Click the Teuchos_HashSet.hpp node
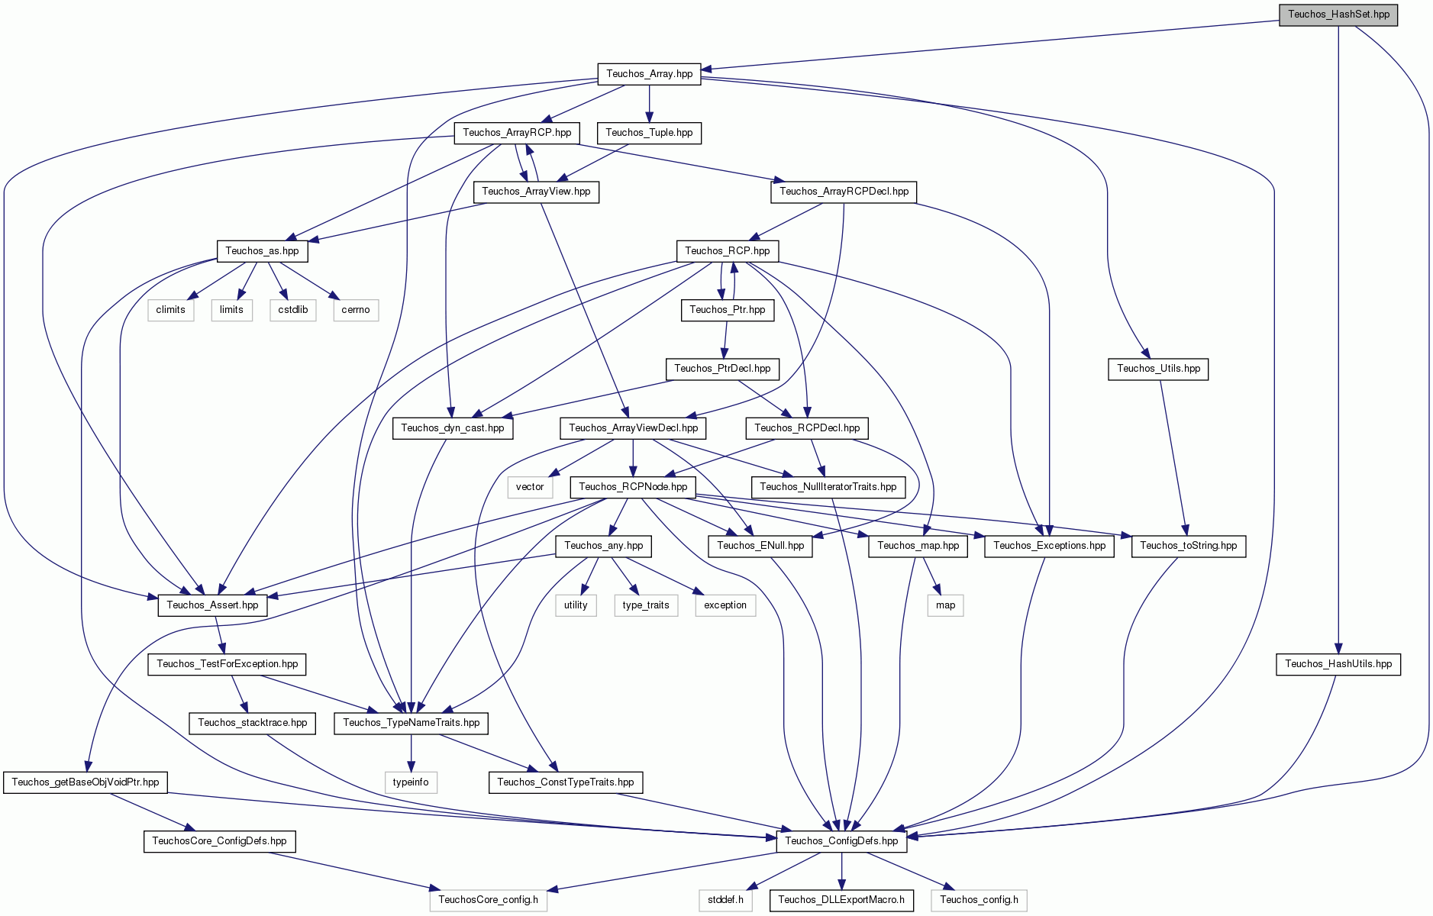pos(1338,15)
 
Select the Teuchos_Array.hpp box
pos(649,74)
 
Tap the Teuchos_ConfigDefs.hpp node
pos(841,841)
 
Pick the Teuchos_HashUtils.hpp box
pos(1338,664)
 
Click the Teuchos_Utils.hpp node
pos(1158,369)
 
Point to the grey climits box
pos(170,310)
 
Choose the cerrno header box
pos(356,310)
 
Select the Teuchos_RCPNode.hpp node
pos(633,487)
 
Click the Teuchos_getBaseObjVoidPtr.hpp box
pos(86,782)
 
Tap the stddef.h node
pos(725,900)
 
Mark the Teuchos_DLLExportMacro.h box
pos(841,900)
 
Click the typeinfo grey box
pos(411,782)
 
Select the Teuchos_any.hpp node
pos(604,546)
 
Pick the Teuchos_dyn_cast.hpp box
pos(453,428)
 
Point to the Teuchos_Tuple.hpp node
pos(649,133)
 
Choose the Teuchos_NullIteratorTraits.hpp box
pos(828,487)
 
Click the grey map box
pos(945,605)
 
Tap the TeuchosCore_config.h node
pos(489,900)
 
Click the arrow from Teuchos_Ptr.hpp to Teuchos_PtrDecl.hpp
pos(725,339)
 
